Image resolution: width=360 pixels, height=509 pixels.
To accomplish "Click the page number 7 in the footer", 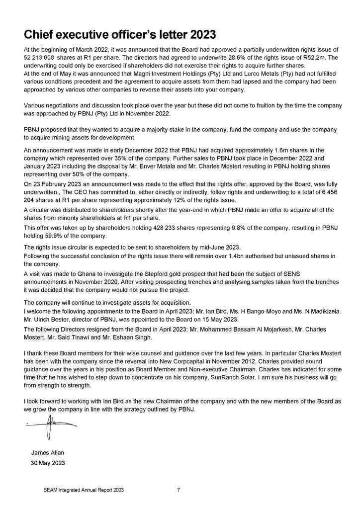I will pyautogui.click(x=179, y=490).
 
